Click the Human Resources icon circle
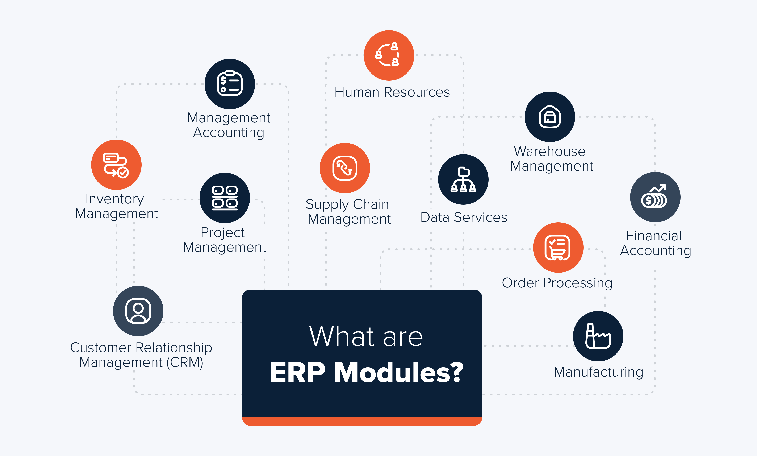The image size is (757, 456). point(389,55)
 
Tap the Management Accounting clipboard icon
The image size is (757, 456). point(230,84)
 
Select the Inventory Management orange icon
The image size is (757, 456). point(116,165)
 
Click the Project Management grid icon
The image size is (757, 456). point(225,198)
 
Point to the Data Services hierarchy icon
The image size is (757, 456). point(463,179)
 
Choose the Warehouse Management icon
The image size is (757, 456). point(550,117)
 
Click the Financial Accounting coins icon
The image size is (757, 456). point(655,197)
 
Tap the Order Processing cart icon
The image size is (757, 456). point(558,247)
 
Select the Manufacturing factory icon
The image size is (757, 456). point(598,336)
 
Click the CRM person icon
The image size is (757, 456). point(138,311)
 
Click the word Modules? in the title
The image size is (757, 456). point(398,372)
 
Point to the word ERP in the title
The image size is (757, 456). point(297,372)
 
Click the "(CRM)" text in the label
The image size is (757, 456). point(185,362)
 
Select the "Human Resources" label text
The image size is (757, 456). point(392,92)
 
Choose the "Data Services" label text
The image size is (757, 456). point(464,217)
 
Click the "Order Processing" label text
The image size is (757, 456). point(557,283)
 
